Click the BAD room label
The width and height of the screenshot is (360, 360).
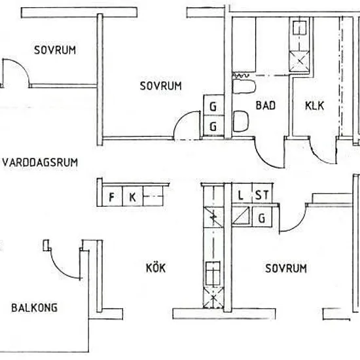tap(265, 105)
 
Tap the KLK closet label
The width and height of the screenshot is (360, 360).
tap(315, 106)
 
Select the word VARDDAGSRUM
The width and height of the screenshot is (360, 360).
tap(40, 162)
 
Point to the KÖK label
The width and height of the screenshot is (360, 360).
tap(156, 268)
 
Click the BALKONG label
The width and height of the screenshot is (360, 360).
tap(35, 308)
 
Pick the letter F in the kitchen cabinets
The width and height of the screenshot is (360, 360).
tap(111, 197)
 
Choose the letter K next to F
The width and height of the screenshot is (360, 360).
tap(132, 197)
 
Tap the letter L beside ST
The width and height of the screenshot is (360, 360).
tap(240, 196)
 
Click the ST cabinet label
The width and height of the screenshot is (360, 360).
tap(262, 195)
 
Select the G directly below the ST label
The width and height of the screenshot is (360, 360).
tap(262, 218)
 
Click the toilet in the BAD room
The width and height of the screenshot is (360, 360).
tap(241, 121)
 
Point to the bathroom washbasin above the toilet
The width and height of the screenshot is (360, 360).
tap(244, 86)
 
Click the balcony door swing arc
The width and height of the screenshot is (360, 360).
tap(59, 270)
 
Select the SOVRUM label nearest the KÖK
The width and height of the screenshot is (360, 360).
tap(286, 268)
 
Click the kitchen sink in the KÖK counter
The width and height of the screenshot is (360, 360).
tap(213, 273)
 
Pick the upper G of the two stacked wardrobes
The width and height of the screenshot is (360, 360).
tap(213, 107)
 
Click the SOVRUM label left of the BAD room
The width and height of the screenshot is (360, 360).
tap(161, 86)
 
